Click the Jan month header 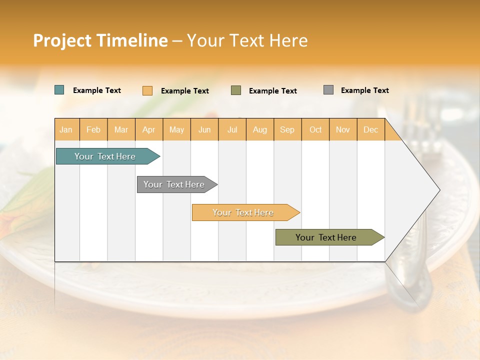tap(66, 129)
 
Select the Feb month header tap(93, 129)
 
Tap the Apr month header tap(148, 129)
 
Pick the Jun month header tap(204, 129)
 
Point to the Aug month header tap(259, 129)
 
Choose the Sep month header tap(287, 129)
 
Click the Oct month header tap(315, 129)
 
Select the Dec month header tap(370, 129)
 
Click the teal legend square tap(59, 90)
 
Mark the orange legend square tap(147, 90)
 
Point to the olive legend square tap(236, 90)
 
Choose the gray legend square tap(328, 90)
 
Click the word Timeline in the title tap(132, 40)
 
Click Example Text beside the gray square tap(364, 90)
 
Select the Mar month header tap(121, 129)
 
